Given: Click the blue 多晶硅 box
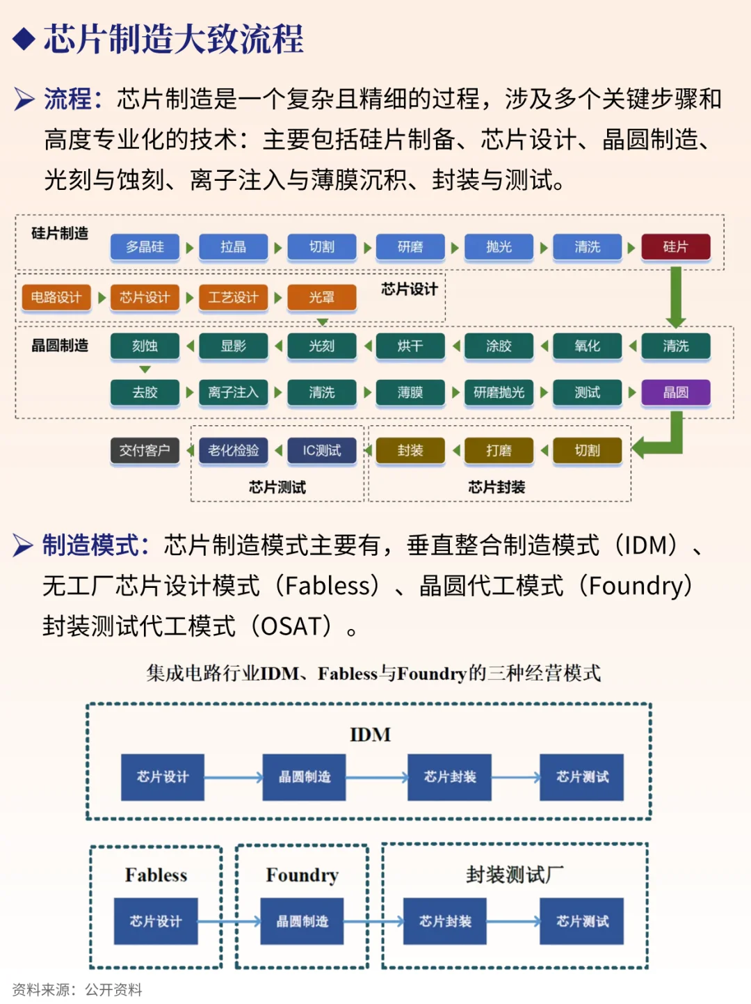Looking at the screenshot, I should tap(145, 247).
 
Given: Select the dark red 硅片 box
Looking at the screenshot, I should tap(675, 247).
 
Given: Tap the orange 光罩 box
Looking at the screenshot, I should tap(322, 298).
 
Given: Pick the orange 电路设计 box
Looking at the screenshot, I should tap(56, 298).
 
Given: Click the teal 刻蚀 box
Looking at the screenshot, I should tap(145, 346).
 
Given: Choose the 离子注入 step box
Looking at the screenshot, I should tap(233, 392).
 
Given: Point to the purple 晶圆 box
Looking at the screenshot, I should tap(675, 392).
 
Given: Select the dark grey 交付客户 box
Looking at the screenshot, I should tap(145, 451).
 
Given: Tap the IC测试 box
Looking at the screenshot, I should tap(322, 451).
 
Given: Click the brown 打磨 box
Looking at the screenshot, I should tap(499, 451).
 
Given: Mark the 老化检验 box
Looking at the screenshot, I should tap(233, 451).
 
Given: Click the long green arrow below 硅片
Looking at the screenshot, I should tap(675, 296).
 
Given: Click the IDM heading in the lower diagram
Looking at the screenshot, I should tap(370, 735).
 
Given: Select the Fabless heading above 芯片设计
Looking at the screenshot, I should tap(156, 875).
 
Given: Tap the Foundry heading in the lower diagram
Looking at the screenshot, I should tap(302, 875).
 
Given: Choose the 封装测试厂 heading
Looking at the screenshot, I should tap(515, 875).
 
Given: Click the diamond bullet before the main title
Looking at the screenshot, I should tap(24, 39).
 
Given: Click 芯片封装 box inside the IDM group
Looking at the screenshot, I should tap(450, 777).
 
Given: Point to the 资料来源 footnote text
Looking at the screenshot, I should tap(77, 989).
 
